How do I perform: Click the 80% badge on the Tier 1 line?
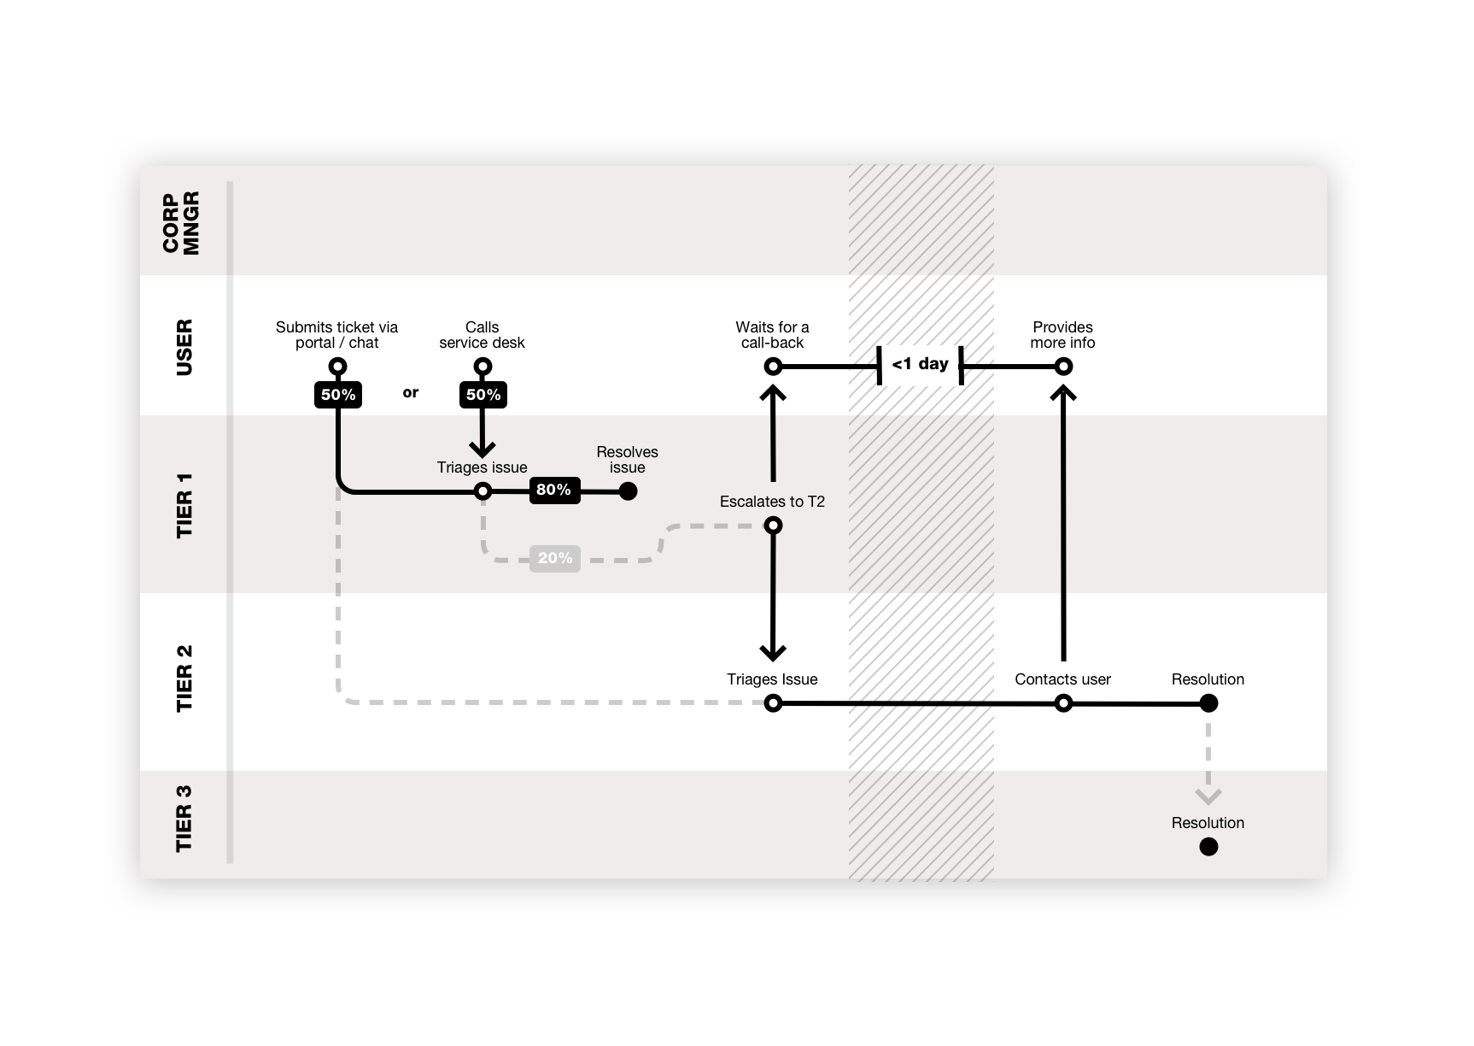point(554,491)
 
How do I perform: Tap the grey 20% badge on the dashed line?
point(554,559)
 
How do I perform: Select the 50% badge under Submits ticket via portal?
point(338,395)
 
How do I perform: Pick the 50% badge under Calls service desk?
point(483,395)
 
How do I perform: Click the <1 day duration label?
point(920,365)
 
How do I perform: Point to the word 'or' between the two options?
point(411,393)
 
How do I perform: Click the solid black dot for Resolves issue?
point(628,491)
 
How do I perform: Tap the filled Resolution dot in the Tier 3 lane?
point(1208,847)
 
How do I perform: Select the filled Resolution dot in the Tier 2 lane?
point(1208,703)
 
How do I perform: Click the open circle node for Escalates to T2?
point(773,526)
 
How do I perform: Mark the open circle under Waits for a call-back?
point(773,367)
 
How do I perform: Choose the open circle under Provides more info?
point(1063,367)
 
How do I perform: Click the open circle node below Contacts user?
point(1063,703)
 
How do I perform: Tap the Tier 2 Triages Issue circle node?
point(773,703)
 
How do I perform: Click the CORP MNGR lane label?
point(181,222)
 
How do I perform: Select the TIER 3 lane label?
point(184,819)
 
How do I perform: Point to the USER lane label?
point(184,347)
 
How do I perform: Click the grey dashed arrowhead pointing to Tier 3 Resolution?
point(1208,796)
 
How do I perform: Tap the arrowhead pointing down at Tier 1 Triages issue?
point(483,450)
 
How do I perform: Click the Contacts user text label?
point(1062,679)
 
